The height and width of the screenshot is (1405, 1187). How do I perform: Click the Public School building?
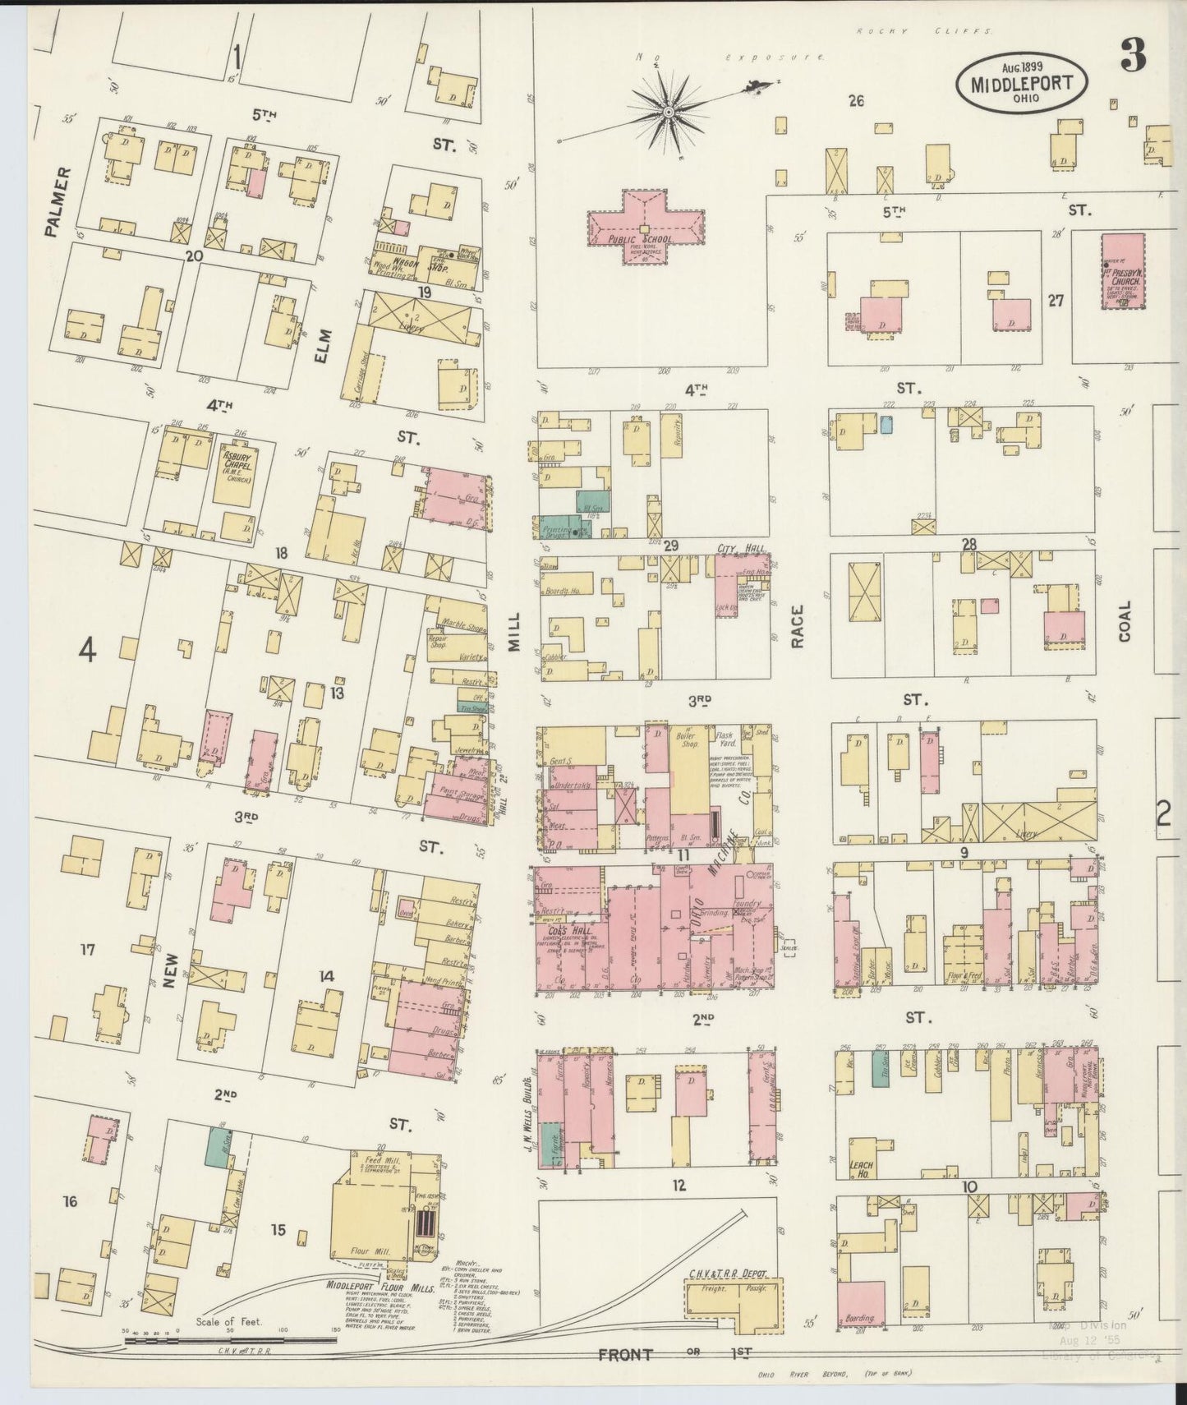point(646,228)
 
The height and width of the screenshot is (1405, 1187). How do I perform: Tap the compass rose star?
point(669,109)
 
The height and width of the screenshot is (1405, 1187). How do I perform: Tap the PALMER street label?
point(57,202)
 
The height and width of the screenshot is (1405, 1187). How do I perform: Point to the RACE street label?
point(798,627)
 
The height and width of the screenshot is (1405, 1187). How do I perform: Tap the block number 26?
point(857,102)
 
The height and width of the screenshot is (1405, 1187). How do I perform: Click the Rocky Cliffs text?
point(924,31)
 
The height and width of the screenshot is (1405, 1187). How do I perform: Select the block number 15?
point(278,1230)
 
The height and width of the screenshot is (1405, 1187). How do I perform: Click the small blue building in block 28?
point(886,424)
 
